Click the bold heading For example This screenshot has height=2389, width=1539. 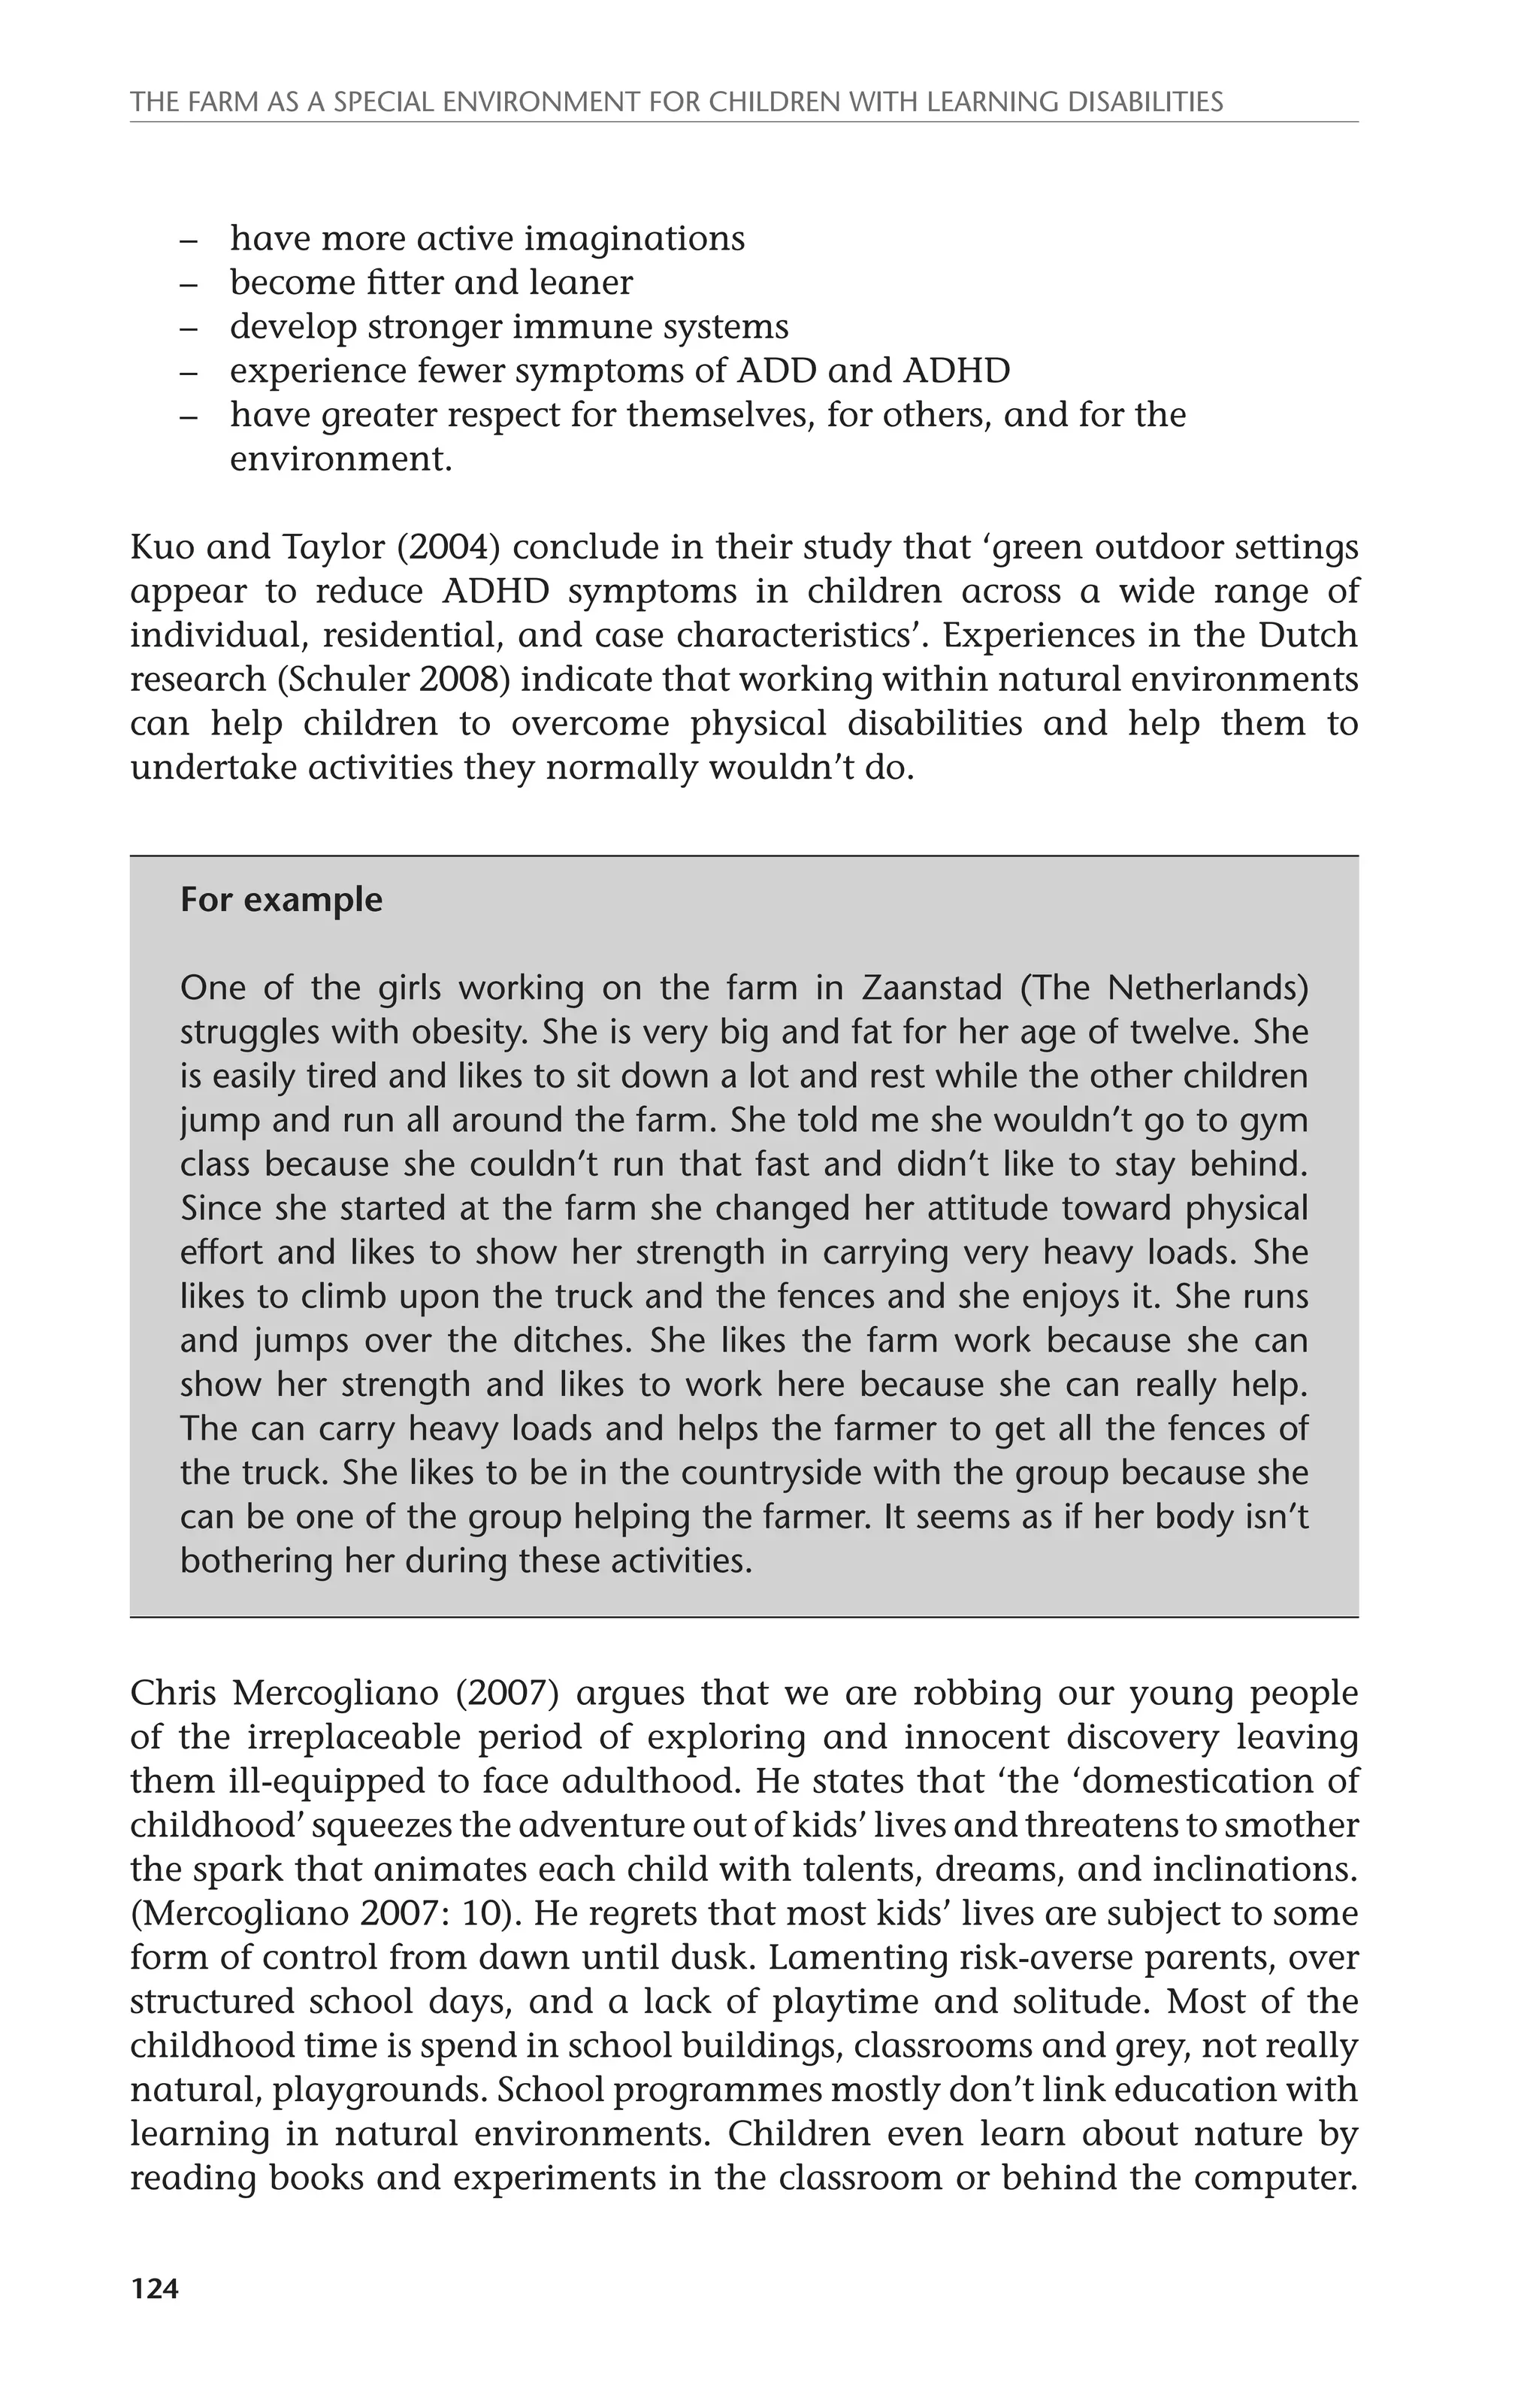[x=281, y=900]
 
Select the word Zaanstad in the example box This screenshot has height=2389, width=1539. [x=930, y=988]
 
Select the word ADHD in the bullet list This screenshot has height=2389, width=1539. [x=957, y=371]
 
